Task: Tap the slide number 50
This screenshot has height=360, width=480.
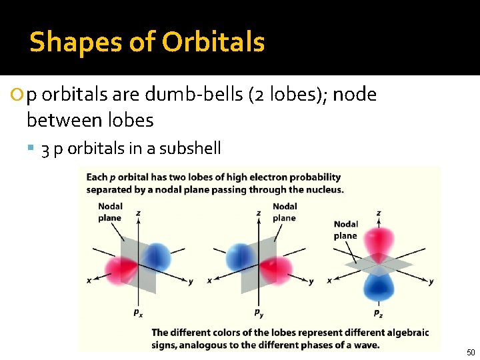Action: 471,352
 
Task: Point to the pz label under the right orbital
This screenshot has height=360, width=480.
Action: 378,313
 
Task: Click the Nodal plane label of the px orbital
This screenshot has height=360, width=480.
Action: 110,212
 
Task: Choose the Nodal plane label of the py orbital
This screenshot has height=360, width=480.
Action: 285,212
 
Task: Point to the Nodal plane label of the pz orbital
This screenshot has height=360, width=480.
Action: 345,230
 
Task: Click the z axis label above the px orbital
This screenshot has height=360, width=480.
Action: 138,213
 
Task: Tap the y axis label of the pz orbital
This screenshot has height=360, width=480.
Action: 431,281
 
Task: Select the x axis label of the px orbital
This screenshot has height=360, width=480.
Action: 89,281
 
